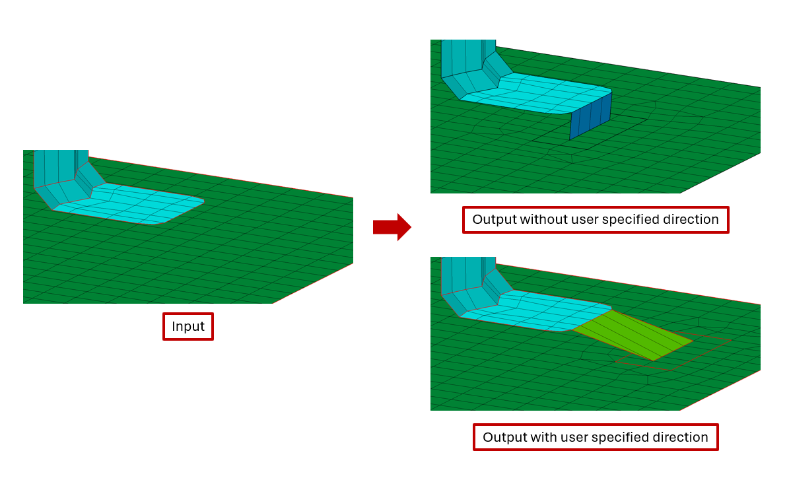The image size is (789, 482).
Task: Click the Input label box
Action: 188,326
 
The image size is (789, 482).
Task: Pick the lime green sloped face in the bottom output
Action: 634,334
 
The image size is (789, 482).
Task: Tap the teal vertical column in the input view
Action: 56,168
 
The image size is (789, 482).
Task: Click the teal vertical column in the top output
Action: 462,56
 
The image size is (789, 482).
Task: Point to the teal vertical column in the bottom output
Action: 462,274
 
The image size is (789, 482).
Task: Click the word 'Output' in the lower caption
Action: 504,437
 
